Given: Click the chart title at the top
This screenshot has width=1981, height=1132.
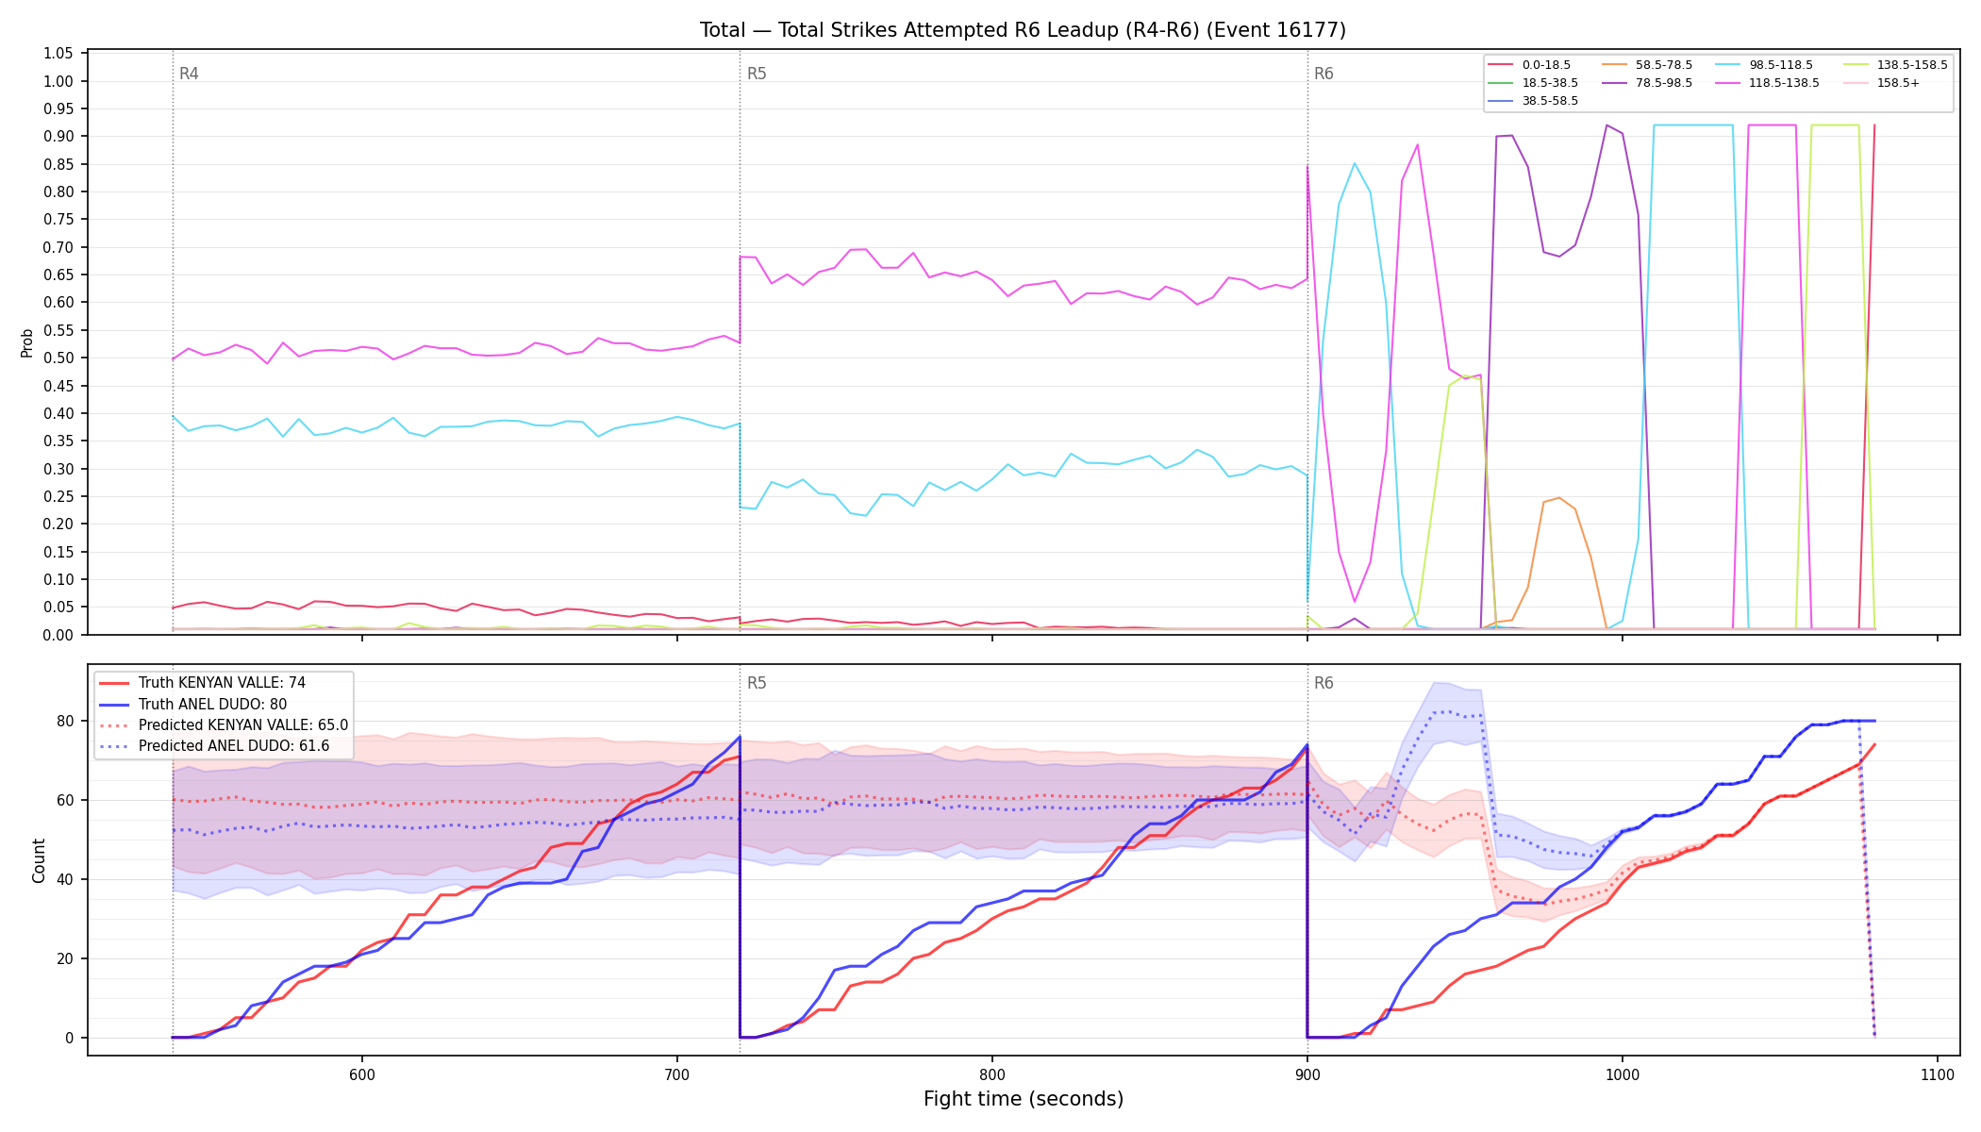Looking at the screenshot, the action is point(1023,30).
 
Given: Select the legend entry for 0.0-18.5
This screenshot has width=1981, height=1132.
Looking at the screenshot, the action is point(1529,65).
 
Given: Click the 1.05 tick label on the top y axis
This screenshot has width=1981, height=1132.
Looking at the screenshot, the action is point(58,54).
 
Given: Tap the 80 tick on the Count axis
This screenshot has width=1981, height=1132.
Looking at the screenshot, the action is point(65,722).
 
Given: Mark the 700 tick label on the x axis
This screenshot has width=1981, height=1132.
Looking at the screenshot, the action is point(676,1074).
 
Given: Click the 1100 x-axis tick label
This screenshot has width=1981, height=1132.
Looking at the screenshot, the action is point(1937,1074).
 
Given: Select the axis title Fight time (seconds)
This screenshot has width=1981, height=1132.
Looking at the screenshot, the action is point(1024,1099).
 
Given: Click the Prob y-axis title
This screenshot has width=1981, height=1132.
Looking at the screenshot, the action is point(27,342).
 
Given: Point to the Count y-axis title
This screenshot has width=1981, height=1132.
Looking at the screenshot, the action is point(39,860).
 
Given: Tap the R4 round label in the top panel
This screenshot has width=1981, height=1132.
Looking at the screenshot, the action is point(189,74).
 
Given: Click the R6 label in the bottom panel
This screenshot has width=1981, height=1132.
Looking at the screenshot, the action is point(1323,683).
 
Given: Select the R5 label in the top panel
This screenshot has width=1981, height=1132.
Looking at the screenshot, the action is point(757,74).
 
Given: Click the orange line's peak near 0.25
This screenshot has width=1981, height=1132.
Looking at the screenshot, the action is point(1559,498).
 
